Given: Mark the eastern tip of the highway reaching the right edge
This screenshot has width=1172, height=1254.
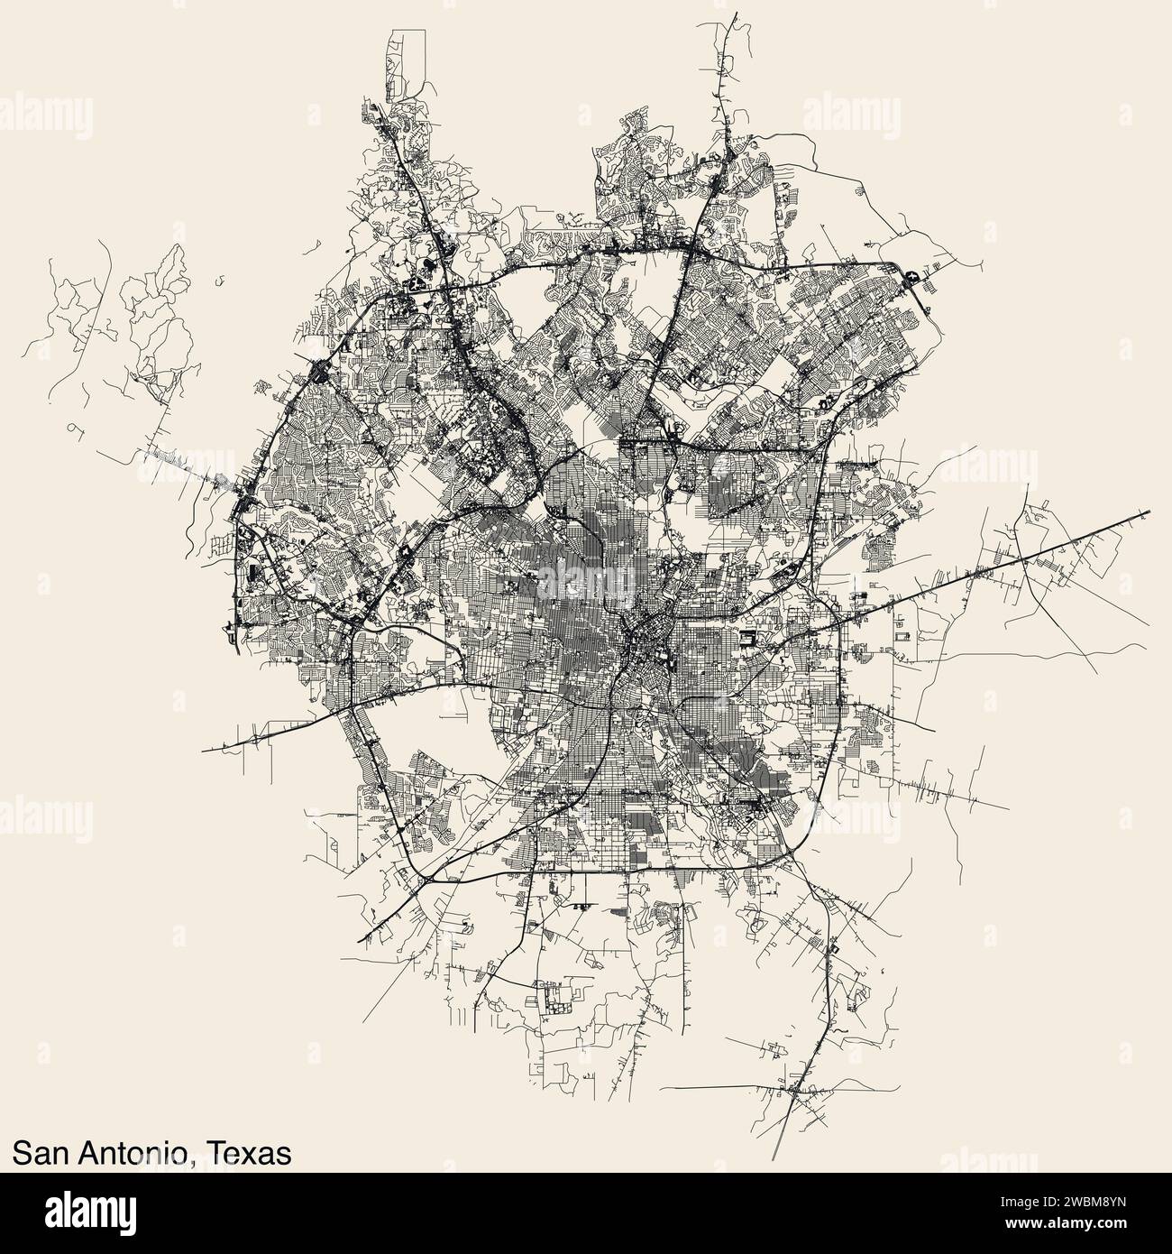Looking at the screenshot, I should tap(1149, 513).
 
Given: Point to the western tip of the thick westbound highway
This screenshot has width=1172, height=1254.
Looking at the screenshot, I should tap(203, 750).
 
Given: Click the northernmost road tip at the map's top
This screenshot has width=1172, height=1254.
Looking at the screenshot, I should tap(735, 14).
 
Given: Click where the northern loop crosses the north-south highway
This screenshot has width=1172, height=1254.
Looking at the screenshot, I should tap(690, 245).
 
